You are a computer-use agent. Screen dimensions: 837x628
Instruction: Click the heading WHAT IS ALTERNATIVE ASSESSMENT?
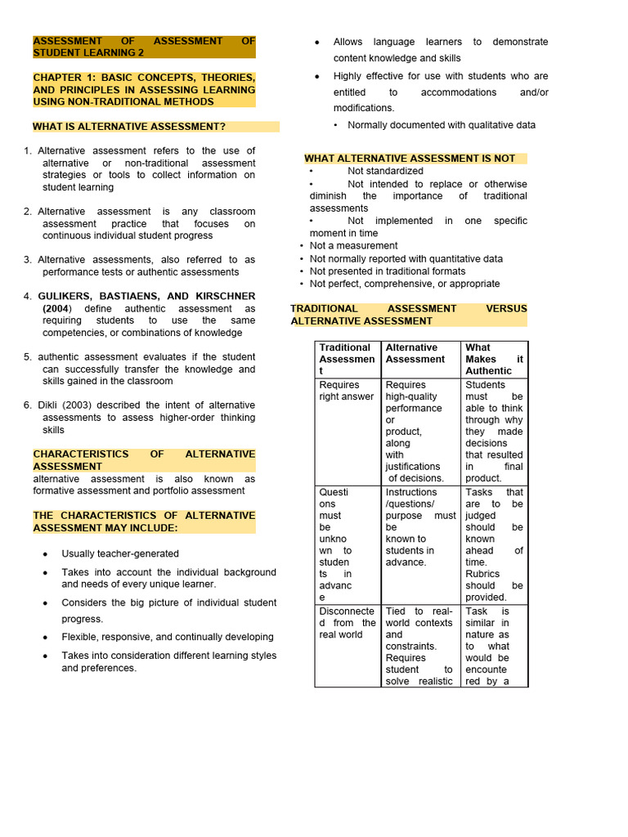(x=129, y=127)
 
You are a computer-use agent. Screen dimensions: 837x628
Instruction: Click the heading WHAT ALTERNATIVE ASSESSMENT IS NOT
(x=410, y=159)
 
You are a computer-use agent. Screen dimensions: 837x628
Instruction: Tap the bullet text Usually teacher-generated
(x=120, y=554)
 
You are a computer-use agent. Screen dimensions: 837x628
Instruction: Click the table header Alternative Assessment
(x=415, y=353)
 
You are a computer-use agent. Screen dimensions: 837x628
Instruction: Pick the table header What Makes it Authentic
(x=494, y=359)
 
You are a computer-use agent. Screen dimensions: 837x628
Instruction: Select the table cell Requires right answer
(x=347, y=391)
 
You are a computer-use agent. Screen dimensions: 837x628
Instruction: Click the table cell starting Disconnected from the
(x=347, y=623)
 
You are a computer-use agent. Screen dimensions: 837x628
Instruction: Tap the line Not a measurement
(x=353, y=245)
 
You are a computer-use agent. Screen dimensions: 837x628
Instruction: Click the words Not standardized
(x=385, y=171)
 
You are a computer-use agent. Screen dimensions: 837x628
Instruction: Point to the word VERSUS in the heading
(x=506, y=309)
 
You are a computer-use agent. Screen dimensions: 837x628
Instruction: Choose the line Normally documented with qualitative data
(x=442, y=125)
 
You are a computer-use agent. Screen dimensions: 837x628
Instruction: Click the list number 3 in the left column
(x=27, y=260)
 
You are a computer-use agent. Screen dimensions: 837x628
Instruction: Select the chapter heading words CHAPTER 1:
(x=64, y=78)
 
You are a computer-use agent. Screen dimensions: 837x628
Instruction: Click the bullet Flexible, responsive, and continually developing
(x=168, y=638)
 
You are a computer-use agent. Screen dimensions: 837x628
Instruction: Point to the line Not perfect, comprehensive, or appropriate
(x=405, y=284)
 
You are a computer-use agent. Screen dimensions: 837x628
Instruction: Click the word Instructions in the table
(x=411, y=492)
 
